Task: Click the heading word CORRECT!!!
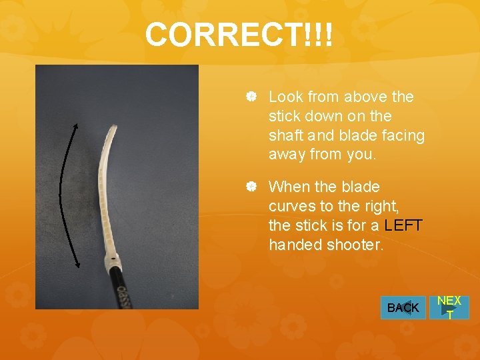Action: pos(238,35)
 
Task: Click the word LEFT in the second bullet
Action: pos(403,225)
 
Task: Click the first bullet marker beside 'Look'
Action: pos(251,97)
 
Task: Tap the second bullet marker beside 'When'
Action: pos(251,187)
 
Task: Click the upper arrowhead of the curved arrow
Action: pos(75,125)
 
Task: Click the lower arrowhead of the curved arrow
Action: pos(78,265)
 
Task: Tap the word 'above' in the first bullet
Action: pos(347,97)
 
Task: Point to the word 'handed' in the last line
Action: pos(295,245)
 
